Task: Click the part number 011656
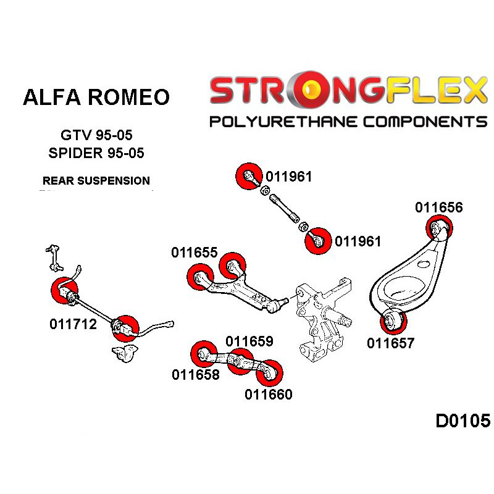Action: pos(438,207)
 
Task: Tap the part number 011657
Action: pos(390,343)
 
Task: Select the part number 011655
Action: pos(195,253)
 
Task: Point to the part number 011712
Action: pos(73,324)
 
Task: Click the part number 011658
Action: pos(196,374)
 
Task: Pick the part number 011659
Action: pos(249,341)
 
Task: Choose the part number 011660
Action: pos(268,394)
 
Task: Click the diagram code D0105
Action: pos(463,422)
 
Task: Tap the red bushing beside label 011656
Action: pos(441,228)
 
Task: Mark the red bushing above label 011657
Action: pos(393,321)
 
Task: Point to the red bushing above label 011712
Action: pos(65,291)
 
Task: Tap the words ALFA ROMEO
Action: pos(96,98)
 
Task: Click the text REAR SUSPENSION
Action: pos(96,181)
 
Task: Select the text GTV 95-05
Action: pos(96,135)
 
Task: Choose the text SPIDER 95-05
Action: pos(96,153)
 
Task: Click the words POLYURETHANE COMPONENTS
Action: pos(348,121)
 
